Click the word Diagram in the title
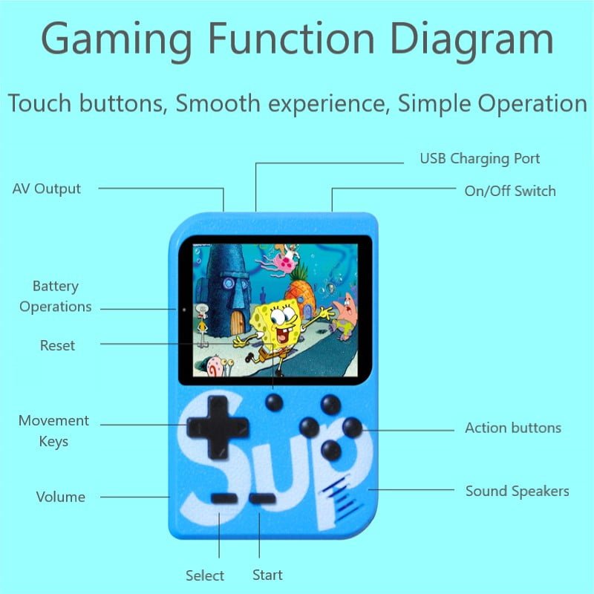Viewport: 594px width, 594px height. coord(471,39)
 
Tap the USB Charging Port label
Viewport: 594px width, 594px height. coord(480,159)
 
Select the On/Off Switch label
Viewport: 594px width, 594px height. coord(510,191)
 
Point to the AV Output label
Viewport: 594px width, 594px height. coord(46,189)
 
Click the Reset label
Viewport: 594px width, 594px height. coord(57,345)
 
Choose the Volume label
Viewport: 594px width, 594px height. coord(61,497)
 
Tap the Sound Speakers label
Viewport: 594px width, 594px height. coord(517,491)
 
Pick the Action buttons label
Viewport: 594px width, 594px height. coord(513,428)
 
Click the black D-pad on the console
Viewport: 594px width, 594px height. coord(218,428)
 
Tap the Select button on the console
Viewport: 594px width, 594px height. coord(225,498)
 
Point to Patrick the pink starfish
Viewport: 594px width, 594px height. coord(345,315)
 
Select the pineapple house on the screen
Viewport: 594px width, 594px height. coord(301,292)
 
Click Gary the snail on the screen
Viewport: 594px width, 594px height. coord(217,365)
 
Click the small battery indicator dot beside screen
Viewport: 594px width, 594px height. coord(184,310)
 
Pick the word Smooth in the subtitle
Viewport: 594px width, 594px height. coord(218,103)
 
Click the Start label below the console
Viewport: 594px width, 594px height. coord(267,575)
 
